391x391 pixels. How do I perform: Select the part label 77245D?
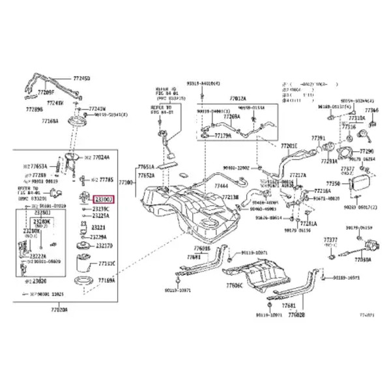(x=80, y=78)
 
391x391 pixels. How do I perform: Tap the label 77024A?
(x=101, y=157)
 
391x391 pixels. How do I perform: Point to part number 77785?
(x=106, y=179)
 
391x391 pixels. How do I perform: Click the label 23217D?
(x=104, y=246)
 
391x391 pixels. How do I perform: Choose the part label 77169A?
(x=106, y=280)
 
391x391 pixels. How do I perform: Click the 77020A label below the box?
(x=65, y=309)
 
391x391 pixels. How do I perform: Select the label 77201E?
(x=289, y=146)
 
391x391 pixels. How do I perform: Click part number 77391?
(x=317, y=138)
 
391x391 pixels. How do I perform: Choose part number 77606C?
(x=234, y=285)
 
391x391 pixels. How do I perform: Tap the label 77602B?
(x=296, y=314)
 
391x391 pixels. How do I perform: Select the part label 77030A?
(x=363, y=259)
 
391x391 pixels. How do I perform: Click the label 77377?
(x=332, y=240)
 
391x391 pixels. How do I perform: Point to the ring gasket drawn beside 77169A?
(x=83, y=281)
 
